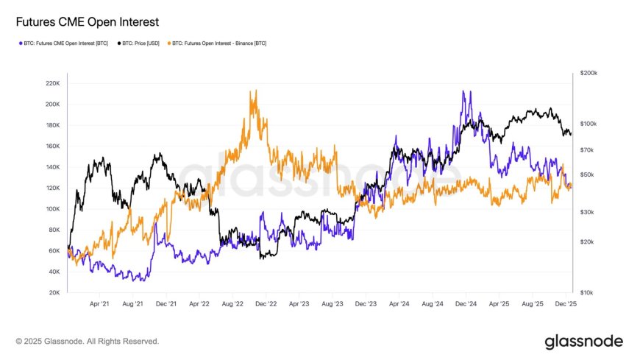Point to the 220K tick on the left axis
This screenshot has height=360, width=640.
click(x=52, y=83)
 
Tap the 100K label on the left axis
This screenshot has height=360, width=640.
click(x=52, y=209)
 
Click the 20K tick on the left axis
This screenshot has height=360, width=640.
click(x=54, y=293)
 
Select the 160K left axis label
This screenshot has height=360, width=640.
click(x=52, y=147)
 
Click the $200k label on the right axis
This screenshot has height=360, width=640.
click(x=589, y=74)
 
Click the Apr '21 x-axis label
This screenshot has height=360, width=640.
click(x=100, y=303)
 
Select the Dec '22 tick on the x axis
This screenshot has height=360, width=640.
click(x=266, y=303)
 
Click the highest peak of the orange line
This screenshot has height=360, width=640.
click(x=254, y=91)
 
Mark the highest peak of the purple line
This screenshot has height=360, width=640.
click(x=463, y=91)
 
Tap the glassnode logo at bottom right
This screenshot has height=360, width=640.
click(x=583, y=342)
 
